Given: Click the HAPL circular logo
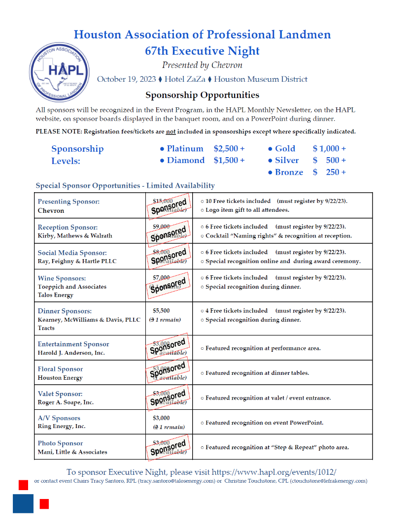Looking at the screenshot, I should (x=59, y=71).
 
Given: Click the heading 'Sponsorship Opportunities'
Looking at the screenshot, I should (x=202, y=95).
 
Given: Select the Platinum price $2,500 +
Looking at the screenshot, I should (x=229, y=149).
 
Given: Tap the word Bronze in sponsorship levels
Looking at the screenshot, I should (x=289, y=172).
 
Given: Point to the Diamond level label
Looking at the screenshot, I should (x=185, y=161).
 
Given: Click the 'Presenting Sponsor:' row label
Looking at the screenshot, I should (x=68, y=201).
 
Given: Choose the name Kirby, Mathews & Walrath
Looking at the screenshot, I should (x=75, y=235).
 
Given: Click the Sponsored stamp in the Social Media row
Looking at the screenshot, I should (x=169, y=257).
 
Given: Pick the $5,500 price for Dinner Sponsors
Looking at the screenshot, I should (x=161, y=311).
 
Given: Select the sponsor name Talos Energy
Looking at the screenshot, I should (x=56, y=295).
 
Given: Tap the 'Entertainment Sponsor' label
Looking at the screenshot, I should (x=73, y=344).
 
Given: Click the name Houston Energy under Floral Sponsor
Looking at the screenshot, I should (x=60, y=378).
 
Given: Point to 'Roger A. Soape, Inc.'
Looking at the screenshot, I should (x=66, y=402).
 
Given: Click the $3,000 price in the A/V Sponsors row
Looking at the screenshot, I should (x=161, y=418).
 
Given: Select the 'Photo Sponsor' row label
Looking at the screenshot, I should (x=60, y=443).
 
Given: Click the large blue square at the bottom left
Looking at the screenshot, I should (x=23, y=503).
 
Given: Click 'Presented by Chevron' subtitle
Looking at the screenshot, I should (x=202, y=65).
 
